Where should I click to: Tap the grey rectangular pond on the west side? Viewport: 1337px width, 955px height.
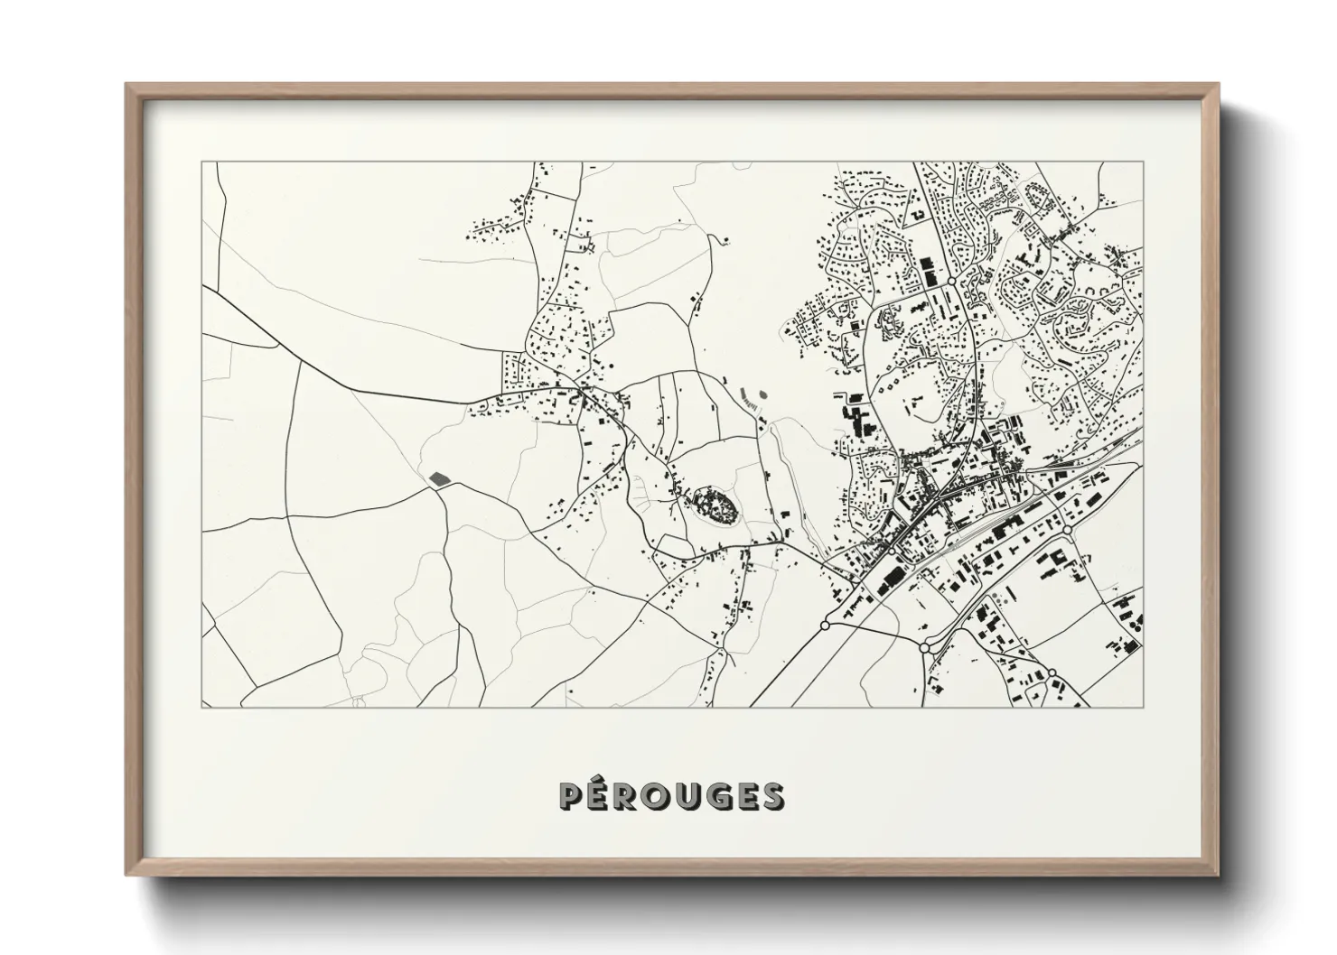(438, 477)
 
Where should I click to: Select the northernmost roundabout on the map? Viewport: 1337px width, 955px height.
(951, 283)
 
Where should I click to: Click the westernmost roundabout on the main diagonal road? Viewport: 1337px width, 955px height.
(825, 625)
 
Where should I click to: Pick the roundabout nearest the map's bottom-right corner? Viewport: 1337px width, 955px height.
(1052, 673)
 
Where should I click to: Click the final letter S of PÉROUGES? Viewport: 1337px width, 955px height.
(773, 796)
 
